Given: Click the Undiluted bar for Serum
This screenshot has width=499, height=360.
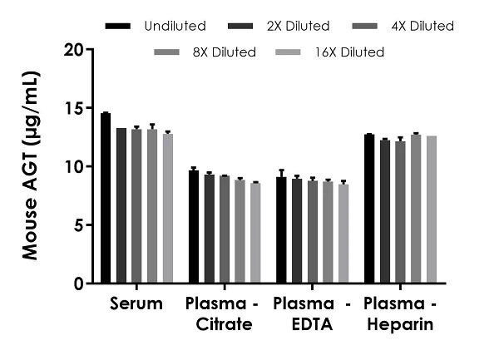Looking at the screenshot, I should click(106, 199).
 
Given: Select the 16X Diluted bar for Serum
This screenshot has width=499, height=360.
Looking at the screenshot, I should click(168, 209).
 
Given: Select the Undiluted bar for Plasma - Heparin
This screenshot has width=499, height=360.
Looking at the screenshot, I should click(369, 209).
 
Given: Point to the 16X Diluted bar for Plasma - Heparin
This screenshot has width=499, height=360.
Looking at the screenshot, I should click(432, 210).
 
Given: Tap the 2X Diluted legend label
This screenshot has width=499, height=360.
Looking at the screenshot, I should click(297, 27).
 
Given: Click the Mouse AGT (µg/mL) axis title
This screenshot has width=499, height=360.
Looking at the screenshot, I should click(31, 165).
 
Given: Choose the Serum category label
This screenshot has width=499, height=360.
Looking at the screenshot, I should click(136, 304).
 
